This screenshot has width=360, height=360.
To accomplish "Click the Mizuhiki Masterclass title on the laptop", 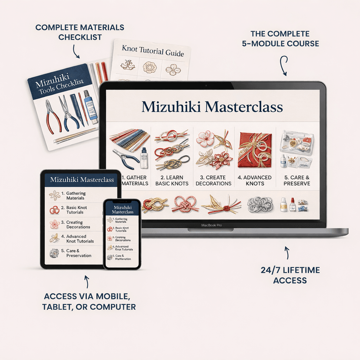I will (x=212, y=107).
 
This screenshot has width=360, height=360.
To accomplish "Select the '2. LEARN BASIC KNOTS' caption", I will (x=172, y=180).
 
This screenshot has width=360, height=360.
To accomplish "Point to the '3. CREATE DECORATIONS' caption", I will (x=213, y=180).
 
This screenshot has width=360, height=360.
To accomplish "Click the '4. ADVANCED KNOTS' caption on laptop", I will (x=255, y=180).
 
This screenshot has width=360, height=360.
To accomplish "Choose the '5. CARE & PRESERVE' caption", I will (x=297, y=180).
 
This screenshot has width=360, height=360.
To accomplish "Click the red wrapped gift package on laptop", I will (x=255, y=150).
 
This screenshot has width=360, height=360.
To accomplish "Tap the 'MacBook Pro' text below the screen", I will (x=211, y=226).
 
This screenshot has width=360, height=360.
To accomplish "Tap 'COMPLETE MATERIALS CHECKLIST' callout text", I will (x=80, y=33).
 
